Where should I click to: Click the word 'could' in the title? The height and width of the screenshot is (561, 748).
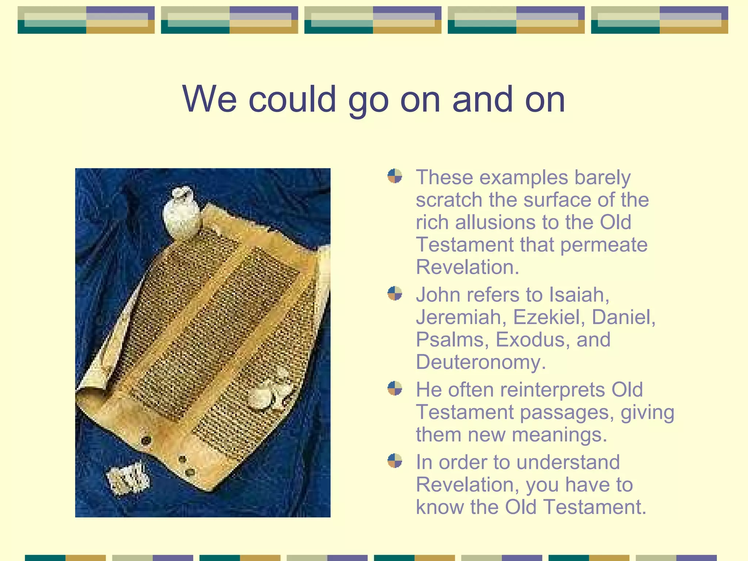pyautogui.click(x=292, y=99)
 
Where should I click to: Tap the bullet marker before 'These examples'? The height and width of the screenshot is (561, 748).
pyautogui.click(x=395, y=176)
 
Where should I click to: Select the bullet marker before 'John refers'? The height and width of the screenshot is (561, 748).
pyautogui.click(x=395, y=293)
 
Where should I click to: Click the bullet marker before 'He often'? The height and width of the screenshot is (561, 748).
pyautogui.click(x=395, y=388)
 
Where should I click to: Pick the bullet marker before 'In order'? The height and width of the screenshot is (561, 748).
pyautogui.click(x=395, y=461)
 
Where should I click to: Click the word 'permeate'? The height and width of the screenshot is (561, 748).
pyautogui.click(x=604, y=245)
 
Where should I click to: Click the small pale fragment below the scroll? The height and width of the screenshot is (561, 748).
pyautogui.click(x=128, y=477)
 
